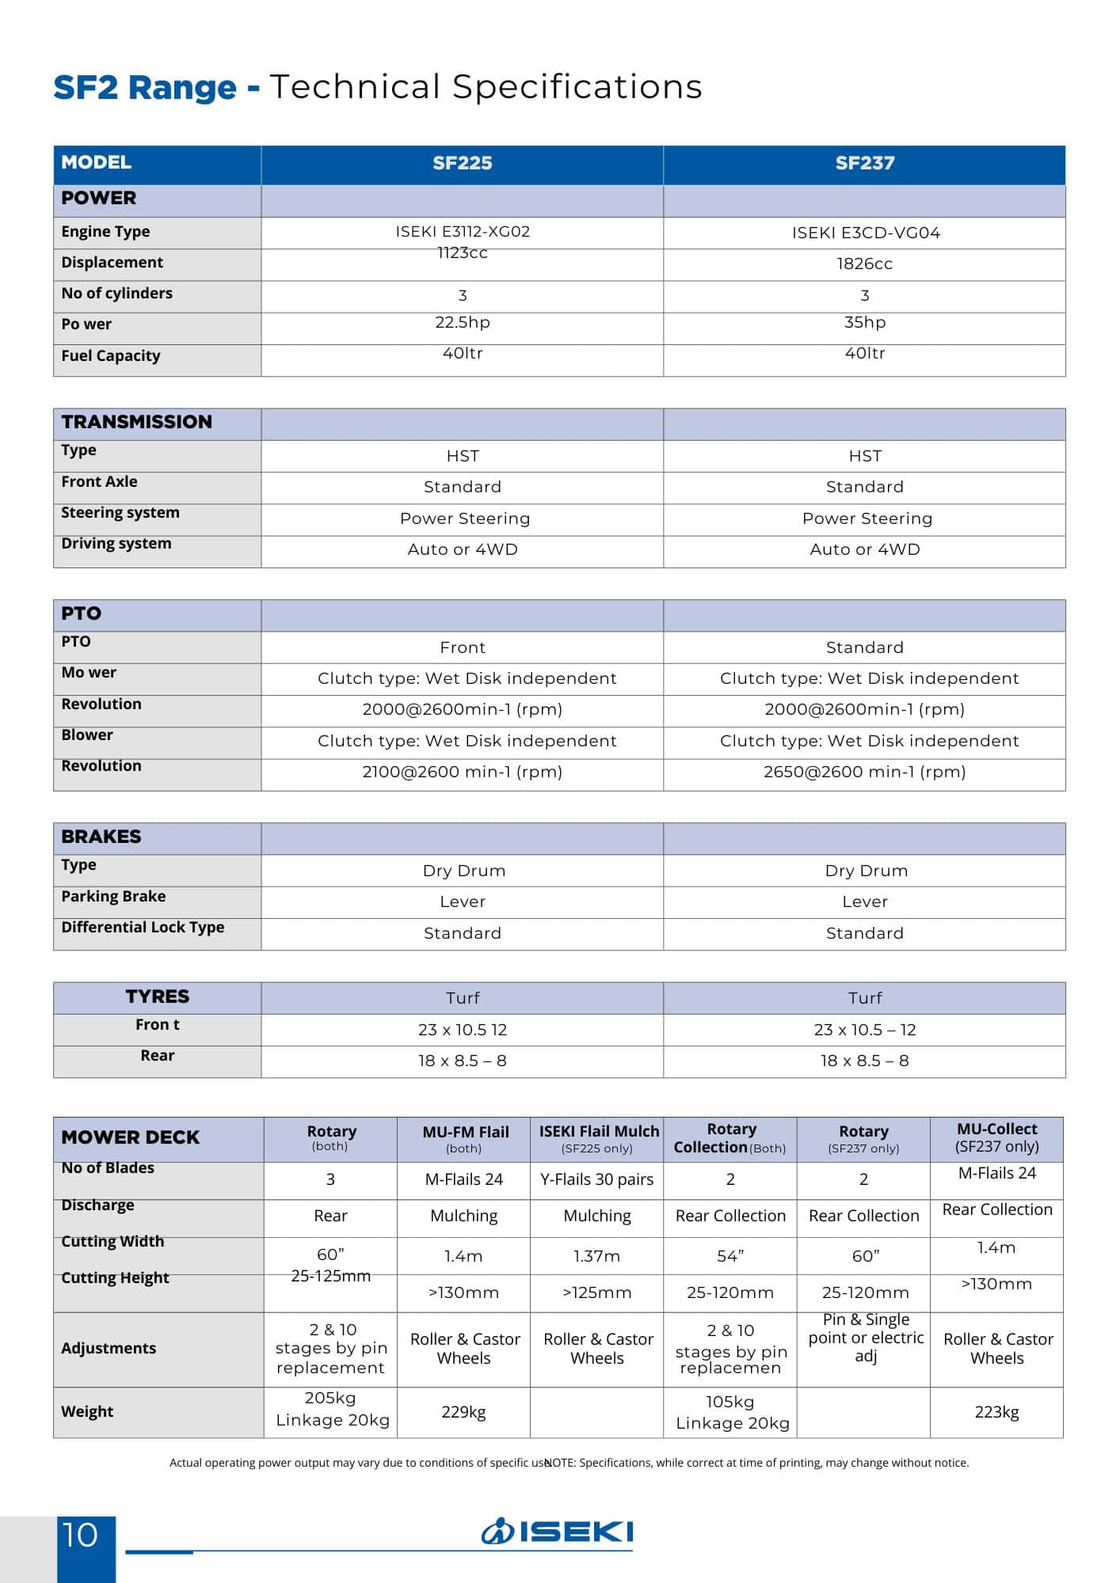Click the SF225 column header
click(463, 163)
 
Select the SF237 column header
click(864, 163)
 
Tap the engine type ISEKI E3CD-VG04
click(866, 233)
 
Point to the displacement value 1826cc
click(864, 264)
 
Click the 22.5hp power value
click(463, 322)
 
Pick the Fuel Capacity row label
click(111, 355)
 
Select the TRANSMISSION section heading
click(137, 422)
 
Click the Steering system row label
click(120, 512)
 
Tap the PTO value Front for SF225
click(463, 647)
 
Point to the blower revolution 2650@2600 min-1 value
click(864, 772)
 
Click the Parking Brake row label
click(113, 896)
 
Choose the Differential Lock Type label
click(143, 927)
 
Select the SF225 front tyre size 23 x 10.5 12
click(463, 1030)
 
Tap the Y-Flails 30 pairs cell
click(597, 1179)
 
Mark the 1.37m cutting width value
click(597, 1256)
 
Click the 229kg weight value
click(463, 1411)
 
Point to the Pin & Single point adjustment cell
click(866, 1338)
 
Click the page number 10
click(81, 1536)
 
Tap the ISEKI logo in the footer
click(558, 1532)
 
